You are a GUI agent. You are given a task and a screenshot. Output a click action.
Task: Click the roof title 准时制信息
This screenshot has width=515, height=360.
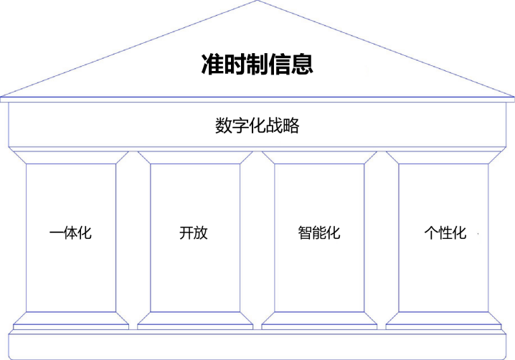click(x=256, y=65)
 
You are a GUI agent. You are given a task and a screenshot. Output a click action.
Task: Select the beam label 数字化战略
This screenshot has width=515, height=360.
click(x=257, y=126)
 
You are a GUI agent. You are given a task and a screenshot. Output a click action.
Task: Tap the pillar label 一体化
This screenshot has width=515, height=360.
click(x=70, y=233)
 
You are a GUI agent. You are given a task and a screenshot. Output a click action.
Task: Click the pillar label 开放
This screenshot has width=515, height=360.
click(x=194, y=233)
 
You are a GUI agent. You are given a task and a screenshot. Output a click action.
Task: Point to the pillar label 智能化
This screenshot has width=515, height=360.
click(x=318, y=233)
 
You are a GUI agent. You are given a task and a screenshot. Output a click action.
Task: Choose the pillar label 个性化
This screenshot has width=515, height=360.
click(x=445, y=233)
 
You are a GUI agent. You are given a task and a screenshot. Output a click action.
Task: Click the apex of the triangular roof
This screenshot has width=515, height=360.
click(x=257, y=3)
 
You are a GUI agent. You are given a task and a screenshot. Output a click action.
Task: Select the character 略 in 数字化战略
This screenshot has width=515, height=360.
click(x=290, y=126)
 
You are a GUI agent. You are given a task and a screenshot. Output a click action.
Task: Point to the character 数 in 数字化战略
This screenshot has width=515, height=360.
click(x=223, y=126)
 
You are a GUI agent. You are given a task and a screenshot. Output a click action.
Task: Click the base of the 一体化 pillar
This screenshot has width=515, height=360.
click(x=70, y=320)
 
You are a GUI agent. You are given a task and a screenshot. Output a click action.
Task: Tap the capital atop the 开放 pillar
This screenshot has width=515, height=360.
click(x=194, y=157)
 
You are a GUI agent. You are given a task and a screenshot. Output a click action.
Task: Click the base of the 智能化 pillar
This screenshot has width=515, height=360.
click(x=318, y=320)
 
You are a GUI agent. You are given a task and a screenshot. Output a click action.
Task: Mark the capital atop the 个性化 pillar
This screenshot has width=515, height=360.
click(x=443, y=157)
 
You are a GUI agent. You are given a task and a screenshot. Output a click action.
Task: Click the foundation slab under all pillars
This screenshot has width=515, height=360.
click(x=257, y=346)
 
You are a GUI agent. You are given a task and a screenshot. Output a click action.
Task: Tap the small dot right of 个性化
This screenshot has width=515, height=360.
click(x=478, y=235)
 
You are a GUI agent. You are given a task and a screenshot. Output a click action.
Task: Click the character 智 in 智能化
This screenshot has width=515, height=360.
click(x=304, y=233)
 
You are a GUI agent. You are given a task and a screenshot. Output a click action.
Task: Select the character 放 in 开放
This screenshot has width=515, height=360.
click(x=201, y=233)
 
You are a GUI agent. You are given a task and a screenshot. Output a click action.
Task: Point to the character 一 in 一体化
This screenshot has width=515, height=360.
click(x=57, y=233)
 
